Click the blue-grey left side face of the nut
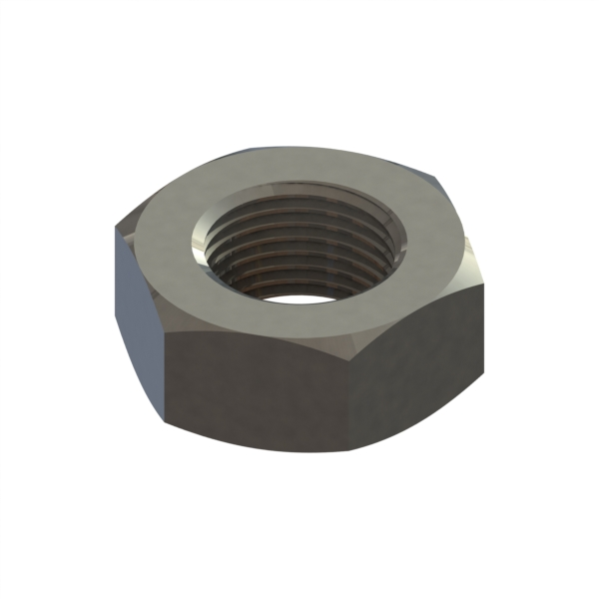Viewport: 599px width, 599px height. point(138,299)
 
